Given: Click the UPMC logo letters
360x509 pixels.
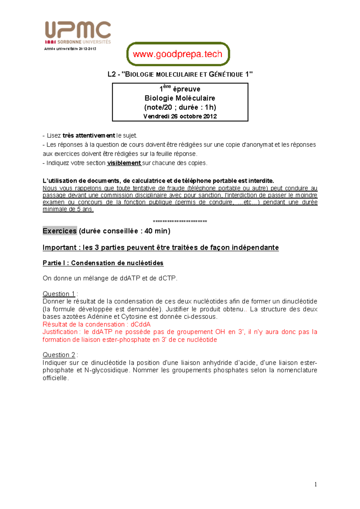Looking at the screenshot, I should point(78,30).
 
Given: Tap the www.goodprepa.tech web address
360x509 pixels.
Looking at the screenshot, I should point(178,54).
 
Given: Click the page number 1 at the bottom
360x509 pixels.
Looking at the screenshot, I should point(316,484).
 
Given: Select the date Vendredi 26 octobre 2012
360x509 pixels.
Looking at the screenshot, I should point(180,116).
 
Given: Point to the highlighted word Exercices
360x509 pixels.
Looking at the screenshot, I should point(60,231).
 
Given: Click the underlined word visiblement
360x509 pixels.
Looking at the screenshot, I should point(124,163).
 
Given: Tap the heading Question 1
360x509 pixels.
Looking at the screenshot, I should point(59,294).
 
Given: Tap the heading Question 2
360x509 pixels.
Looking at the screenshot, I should point(59,355).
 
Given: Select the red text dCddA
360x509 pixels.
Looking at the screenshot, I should point(141,324).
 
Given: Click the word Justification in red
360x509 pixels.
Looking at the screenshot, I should point(60,332).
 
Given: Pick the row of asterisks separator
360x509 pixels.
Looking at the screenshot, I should point(180,222).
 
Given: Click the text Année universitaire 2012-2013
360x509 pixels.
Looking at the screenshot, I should point(70,49).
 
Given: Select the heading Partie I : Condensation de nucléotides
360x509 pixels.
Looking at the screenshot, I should point(103,263).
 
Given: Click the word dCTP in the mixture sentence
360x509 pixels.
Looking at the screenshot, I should point(167,278).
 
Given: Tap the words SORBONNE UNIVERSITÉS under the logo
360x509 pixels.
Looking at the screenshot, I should point(84,42).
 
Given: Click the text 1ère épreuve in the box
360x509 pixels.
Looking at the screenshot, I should point(180,89).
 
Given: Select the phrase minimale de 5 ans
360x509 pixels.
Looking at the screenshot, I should point(68,209).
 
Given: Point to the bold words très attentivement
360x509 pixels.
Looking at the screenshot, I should point(88,135).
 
